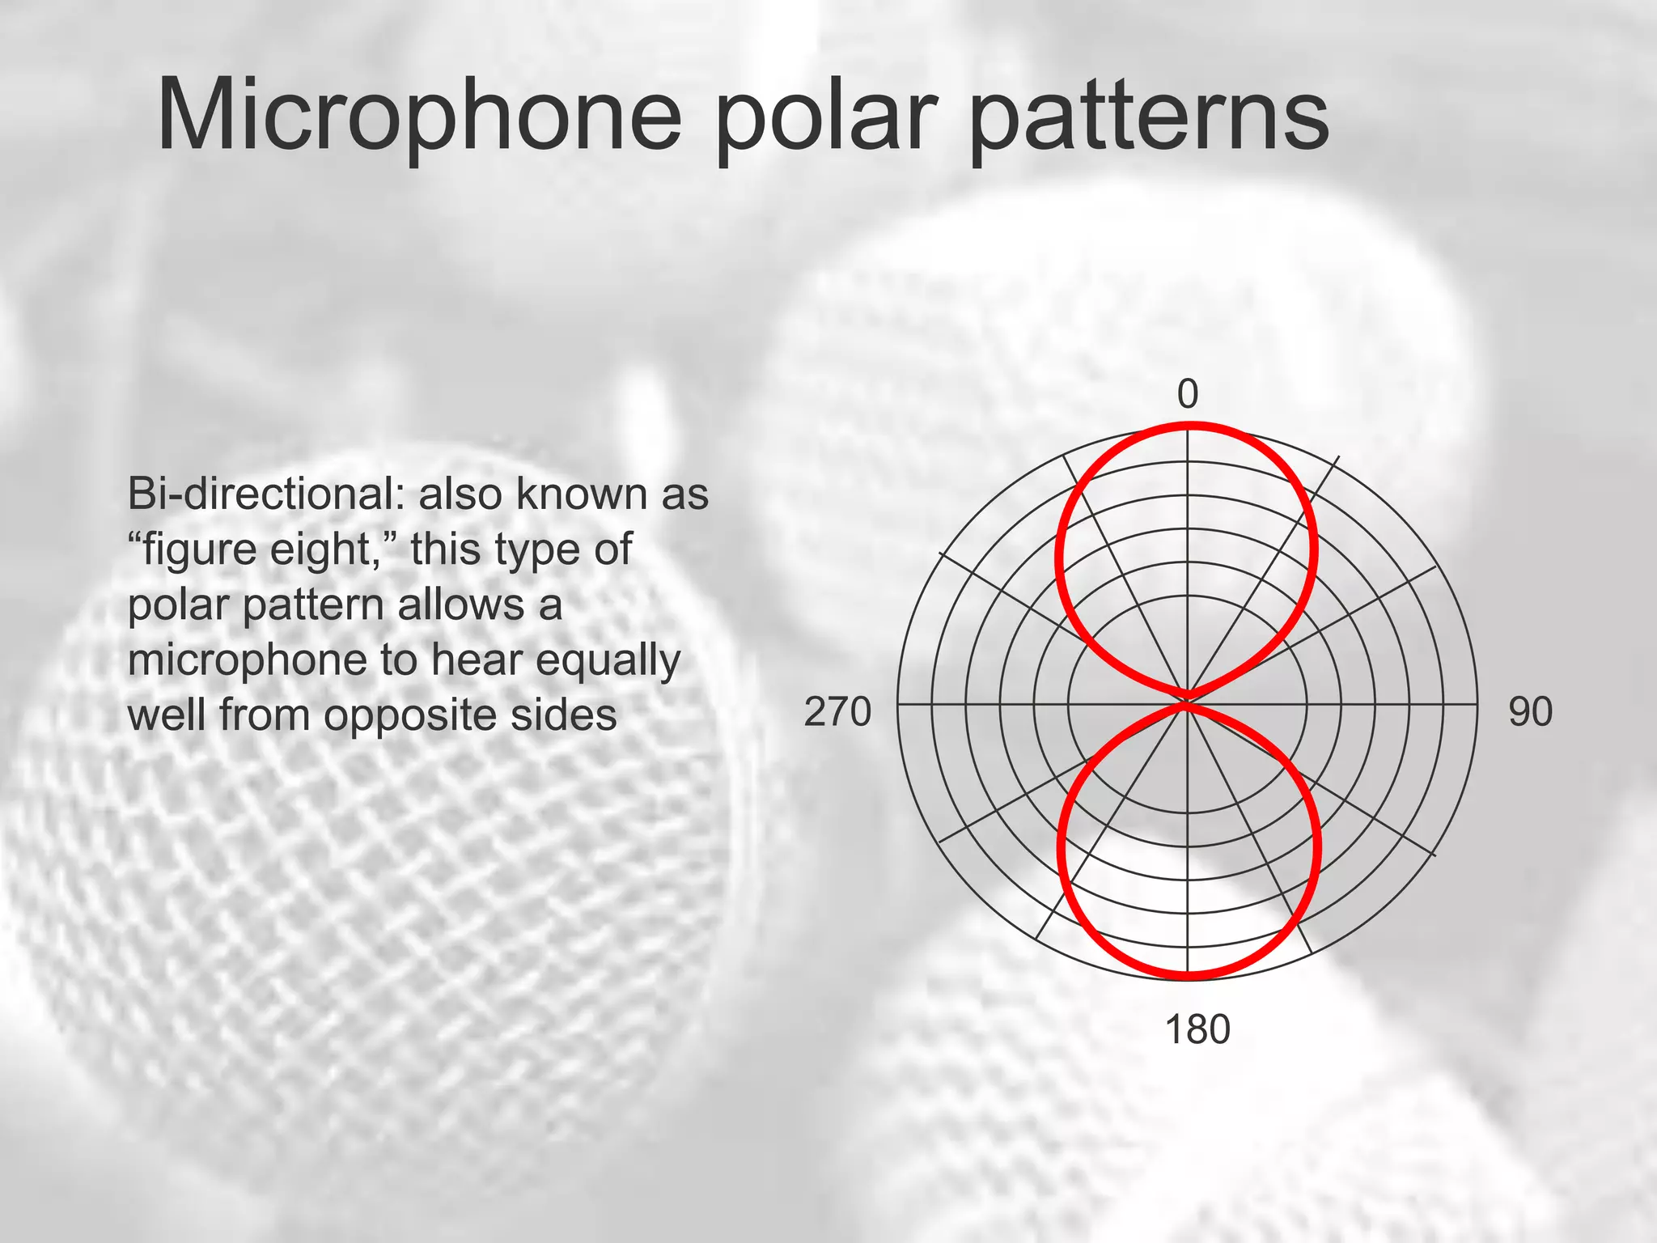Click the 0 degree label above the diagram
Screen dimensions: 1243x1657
[1187, 394]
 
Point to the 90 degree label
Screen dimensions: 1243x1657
[1530, 712]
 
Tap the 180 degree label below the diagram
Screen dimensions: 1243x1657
[1197, 1030]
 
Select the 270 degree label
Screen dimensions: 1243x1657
[837, 712]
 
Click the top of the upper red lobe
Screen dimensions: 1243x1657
[1188, 426]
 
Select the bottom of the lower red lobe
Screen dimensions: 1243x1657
[1188, 974]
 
